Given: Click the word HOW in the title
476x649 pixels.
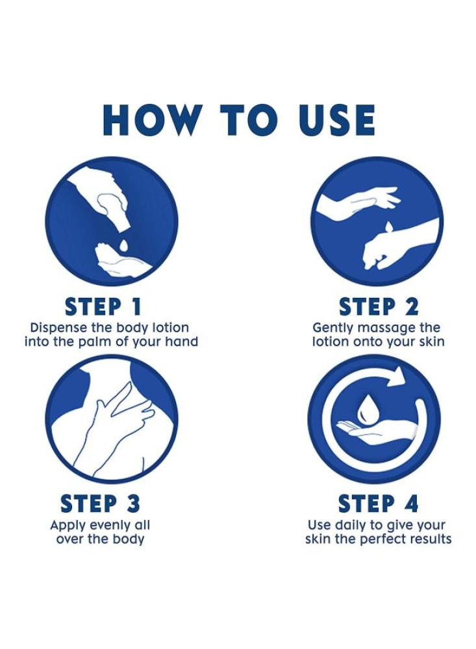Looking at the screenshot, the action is click(x=151, y=120).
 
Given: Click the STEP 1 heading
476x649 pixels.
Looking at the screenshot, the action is click(x=103, y=307).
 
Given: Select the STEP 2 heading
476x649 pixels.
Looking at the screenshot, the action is click(x=379, y=307).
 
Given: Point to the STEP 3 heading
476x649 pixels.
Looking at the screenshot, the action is click(x=100, y=504).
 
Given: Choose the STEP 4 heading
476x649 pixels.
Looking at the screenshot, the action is click(x=378, y=504).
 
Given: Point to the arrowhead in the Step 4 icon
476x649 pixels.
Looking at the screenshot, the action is click(x=397, y=375).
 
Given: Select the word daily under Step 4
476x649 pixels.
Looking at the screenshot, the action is click(x=351, y=526).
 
